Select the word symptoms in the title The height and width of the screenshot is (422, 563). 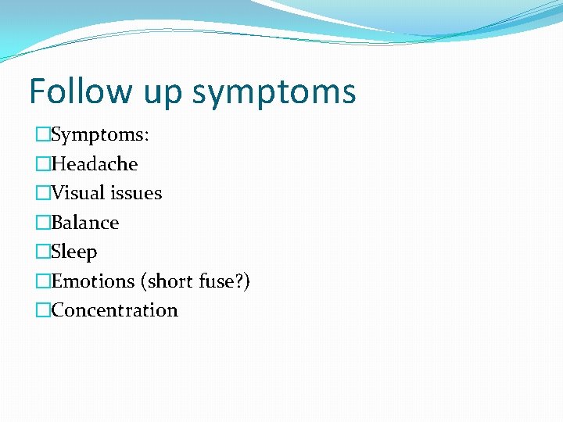coord(274,94)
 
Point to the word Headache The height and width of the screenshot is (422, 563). coord(94,164)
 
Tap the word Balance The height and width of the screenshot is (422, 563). coord(85,223)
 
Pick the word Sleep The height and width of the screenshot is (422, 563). coord(74,252)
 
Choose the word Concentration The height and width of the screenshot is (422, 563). coord(114,310)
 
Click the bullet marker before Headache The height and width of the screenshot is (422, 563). coord(42,164)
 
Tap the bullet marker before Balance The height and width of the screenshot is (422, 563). coord(42,223)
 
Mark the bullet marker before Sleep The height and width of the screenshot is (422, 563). coord(42,252)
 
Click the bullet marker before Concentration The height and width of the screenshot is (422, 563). coord(42,310)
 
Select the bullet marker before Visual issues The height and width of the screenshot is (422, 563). coord(42,193)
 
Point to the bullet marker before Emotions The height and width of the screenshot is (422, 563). coord(42,281)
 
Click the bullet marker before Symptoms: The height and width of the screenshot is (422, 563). coord(42,135)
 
